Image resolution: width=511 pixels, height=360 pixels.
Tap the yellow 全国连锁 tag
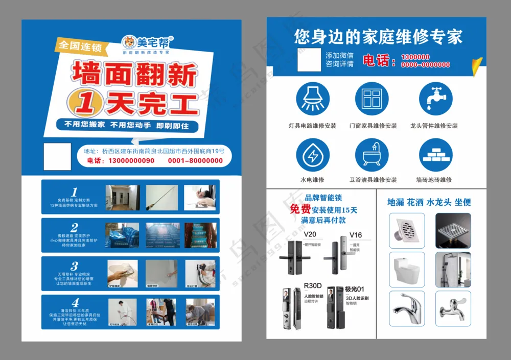(x=80, y=46)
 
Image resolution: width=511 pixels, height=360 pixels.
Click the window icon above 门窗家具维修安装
(x=371, y=99)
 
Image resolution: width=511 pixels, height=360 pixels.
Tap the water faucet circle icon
(x=435, y=99)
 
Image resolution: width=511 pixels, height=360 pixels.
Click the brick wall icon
(x=435, y=155)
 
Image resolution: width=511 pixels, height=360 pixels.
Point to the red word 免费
(x=300, y=209)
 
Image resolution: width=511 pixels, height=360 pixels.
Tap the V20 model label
(x=310, y=235)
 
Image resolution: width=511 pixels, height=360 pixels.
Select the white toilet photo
(x=406, y=269)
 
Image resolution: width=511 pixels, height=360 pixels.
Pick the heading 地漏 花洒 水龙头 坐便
(x=429, y=202)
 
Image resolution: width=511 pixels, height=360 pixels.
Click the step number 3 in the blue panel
(x=75, y=266)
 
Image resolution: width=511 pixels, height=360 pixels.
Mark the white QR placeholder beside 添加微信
(x=309, y=60)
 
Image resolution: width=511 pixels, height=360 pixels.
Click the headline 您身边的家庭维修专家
(x=378, y=37)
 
